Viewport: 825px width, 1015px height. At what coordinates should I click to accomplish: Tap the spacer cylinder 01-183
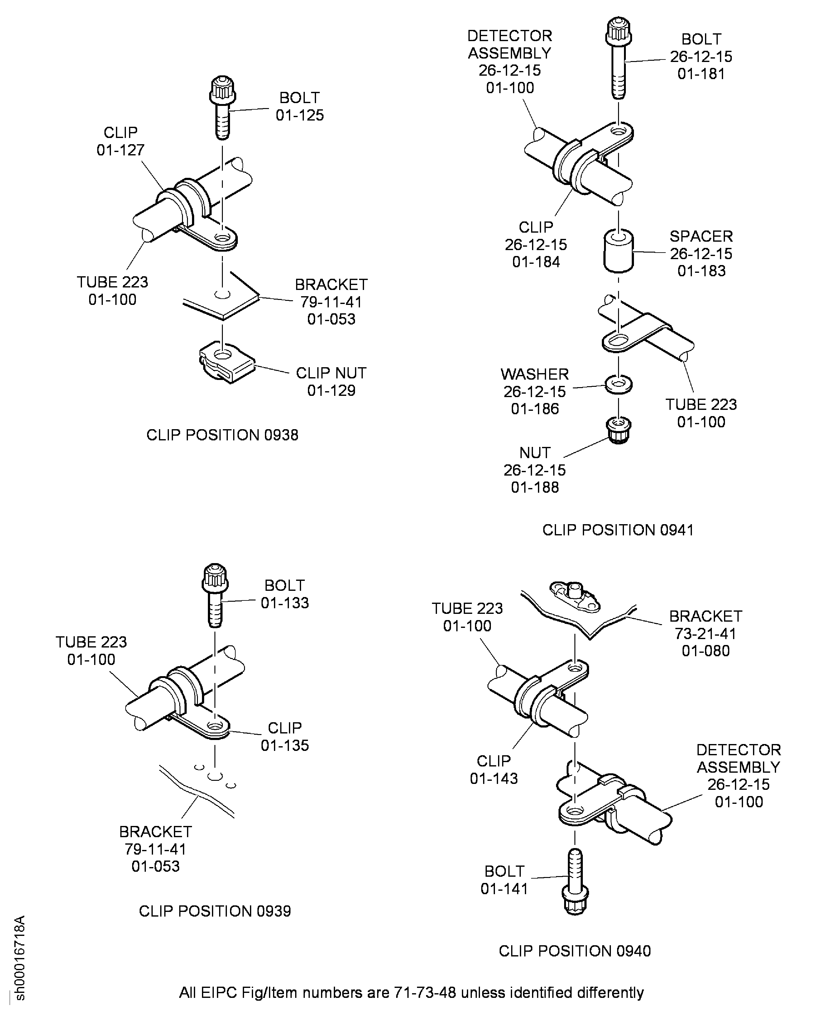[x=618, y=251]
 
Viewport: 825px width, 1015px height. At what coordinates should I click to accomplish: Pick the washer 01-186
[x=618, y=384]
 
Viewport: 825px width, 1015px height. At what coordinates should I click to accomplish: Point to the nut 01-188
[x=618, y=429]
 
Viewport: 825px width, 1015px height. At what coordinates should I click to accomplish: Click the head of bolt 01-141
[x=575, y=900]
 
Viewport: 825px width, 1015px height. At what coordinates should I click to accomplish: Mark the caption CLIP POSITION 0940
[x=574, y=951]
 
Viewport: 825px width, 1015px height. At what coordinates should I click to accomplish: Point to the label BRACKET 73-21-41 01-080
[x=705, y=633]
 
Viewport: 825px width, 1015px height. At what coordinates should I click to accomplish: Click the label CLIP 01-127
[x=120, y=141]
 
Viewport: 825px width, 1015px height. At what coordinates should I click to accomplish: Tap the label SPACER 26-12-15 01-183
[x=701, y=253]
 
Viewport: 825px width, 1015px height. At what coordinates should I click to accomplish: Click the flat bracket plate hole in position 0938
[x=221, y=295]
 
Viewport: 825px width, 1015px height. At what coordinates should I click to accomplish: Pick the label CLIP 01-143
[x=494, y=770]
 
